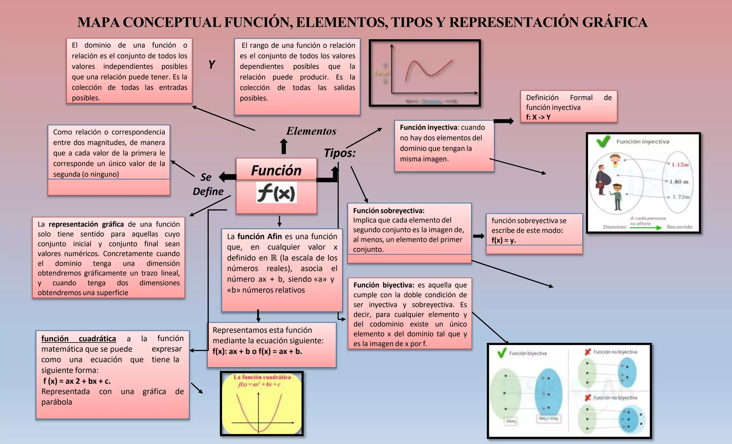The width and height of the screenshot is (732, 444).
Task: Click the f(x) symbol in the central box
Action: point(276,193)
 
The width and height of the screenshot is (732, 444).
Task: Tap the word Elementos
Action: point(311,131)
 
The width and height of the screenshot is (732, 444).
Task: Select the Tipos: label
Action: point(340,153)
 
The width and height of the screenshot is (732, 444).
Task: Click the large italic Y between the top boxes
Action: point(212,65)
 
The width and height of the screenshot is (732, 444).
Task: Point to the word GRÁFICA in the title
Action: point(614,22)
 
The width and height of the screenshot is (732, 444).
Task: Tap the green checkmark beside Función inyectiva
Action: point(603,141)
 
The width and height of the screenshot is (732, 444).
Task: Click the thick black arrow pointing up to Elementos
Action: point(284,146)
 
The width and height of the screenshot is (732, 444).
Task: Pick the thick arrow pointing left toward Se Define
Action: point(227,176)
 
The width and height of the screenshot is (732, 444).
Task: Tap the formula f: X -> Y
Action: point(538,117)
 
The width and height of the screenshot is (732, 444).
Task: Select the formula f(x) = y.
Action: point(503,240)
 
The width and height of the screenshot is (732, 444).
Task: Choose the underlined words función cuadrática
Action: point(79,339)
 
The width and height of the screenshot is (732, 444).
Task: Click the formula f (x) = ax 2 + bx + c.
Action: point(77,381)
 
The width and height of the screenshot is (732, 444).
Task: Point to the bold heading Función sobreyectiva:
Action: point(389,211)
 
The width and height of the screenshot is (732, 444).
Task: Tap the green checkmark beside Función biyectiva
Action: point(502,353)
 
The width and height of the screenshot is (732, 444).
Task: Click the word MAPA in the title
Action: point(98,22)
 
